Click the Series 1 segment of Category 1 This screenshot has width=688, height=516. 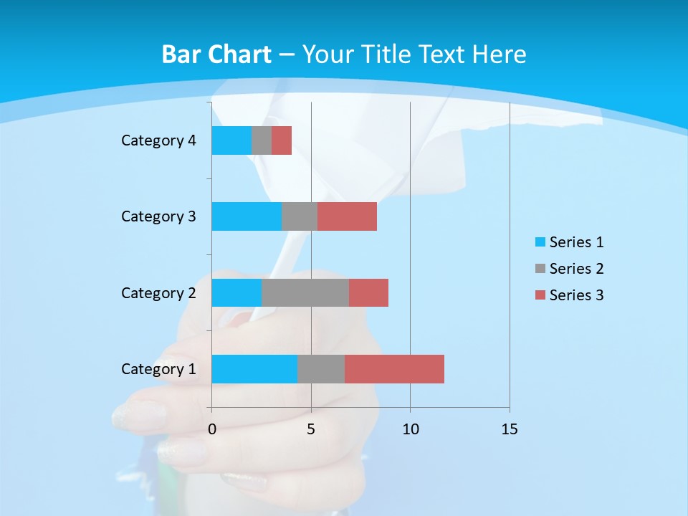click(254, 369)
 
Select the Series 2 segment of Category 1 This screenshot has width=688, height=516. click(321, 369)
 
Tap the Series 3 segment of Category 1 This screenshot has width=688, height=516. click(394, 369)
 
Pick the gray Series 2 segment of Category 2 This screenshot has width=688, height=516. click(305, 292)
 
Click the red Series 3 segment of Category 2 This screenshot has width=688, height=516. click(368, 292)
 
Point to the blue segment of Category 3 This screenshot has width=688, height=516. click(247, 216)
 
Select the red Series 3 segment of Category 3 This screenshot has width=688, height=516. click(347, 216)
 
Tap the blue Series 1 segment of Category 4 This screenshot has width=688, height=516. click(231, 140)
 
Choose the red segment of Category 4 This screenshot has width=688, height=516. click(282, 140)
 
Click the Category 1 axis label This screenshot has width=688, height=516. click(158, 369)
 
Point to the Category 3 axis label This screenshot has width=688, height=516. click(158, 216)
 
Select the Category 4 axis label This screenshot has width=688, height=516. click(158, 140)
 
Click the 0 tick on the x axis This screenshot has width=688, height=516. click(212, 429)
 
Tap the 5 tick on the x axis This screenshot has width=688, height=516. click(311, 429)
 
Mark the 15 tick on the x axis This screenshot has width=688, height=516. click(510, 429)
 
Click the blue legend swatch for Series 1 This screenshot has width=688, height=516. click(540, 242)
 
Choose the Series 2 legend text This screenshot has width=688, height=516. click(576, 269)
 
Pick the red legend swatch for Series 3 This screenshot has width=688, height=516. click(540, 295)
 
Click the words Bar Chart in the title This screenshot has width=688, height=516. click(216, 54)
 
